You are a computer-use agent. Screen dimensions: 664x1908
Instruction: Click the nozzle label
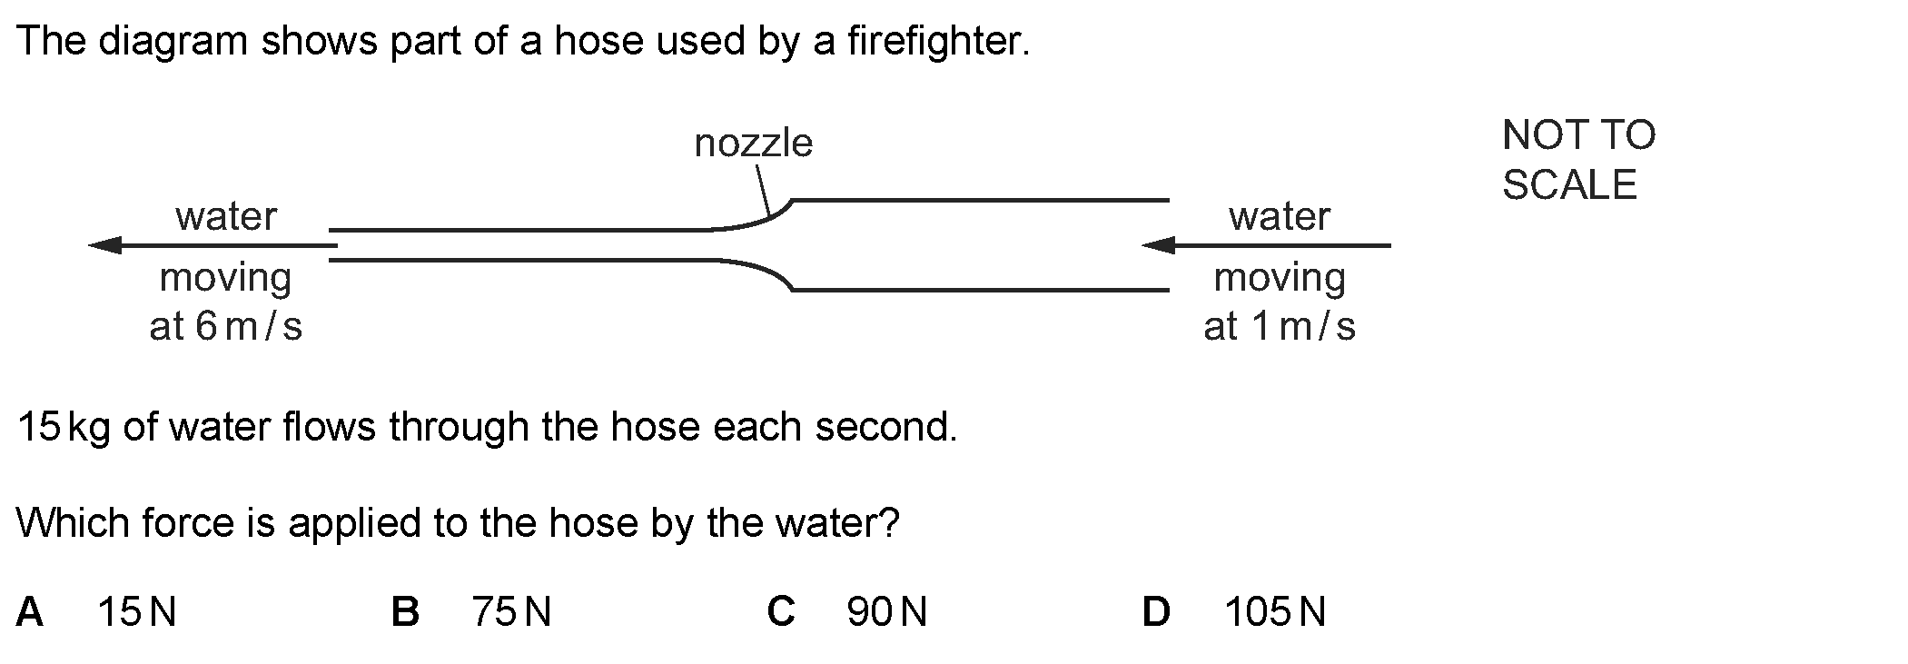pyautogui.click(x=753, y=144)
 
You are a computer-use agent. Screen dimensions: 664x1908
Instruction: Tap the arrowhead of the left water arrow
pyautogui.click(x=105, y=245)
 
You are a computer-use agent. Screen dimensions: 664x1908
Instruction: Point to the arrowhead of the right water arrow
pyautogui.click(x=1158, y=245)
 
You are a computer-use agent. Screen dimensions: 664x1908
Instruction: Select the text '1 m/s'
pyautogui.click(x=1303, y=327)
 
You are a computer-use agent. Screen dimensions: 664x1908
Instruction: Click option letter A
pyautogui.click(x=29, y=612)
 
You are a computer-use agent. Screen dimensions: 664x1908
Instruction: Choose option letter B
pyautogui.click(x=405, y=612)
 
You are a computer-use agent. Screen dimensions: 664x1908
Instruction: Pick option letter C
pyautogui.click(x=781, y=612)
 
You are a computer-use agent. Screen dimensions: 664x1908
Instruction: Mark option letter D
pyautogui.click(x=1156, y=612)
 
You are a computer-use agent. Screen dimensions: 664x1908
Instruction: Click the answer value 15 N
pyautogui.click(x=136, y=612)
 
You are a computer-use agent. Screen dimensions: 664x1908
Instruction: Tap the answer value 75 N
pyautogui.click(x=511, y=612)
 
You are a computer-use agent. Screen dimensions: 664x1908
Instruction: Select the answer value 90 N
pyautogui.click(x=886, y=612)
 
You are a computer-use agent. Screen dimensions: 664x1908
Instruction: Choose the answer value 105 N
pyautogui.click(x=1274, y=612)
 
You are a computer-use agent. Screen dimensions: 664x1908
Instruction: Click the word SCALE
pyautogui.click(x=1568, y=185)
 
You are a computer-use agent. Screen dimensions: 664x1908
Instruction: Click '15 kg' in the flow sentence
pyautogui.click(x=63, y=427)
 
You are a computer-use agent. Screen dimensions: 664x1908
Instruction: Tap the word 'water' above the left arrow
pyautogui.click(x=226, y=217)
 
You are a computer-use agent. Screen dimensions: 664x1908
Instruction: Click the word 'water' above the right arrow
pyautogui.click(x=1279, y=217)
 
